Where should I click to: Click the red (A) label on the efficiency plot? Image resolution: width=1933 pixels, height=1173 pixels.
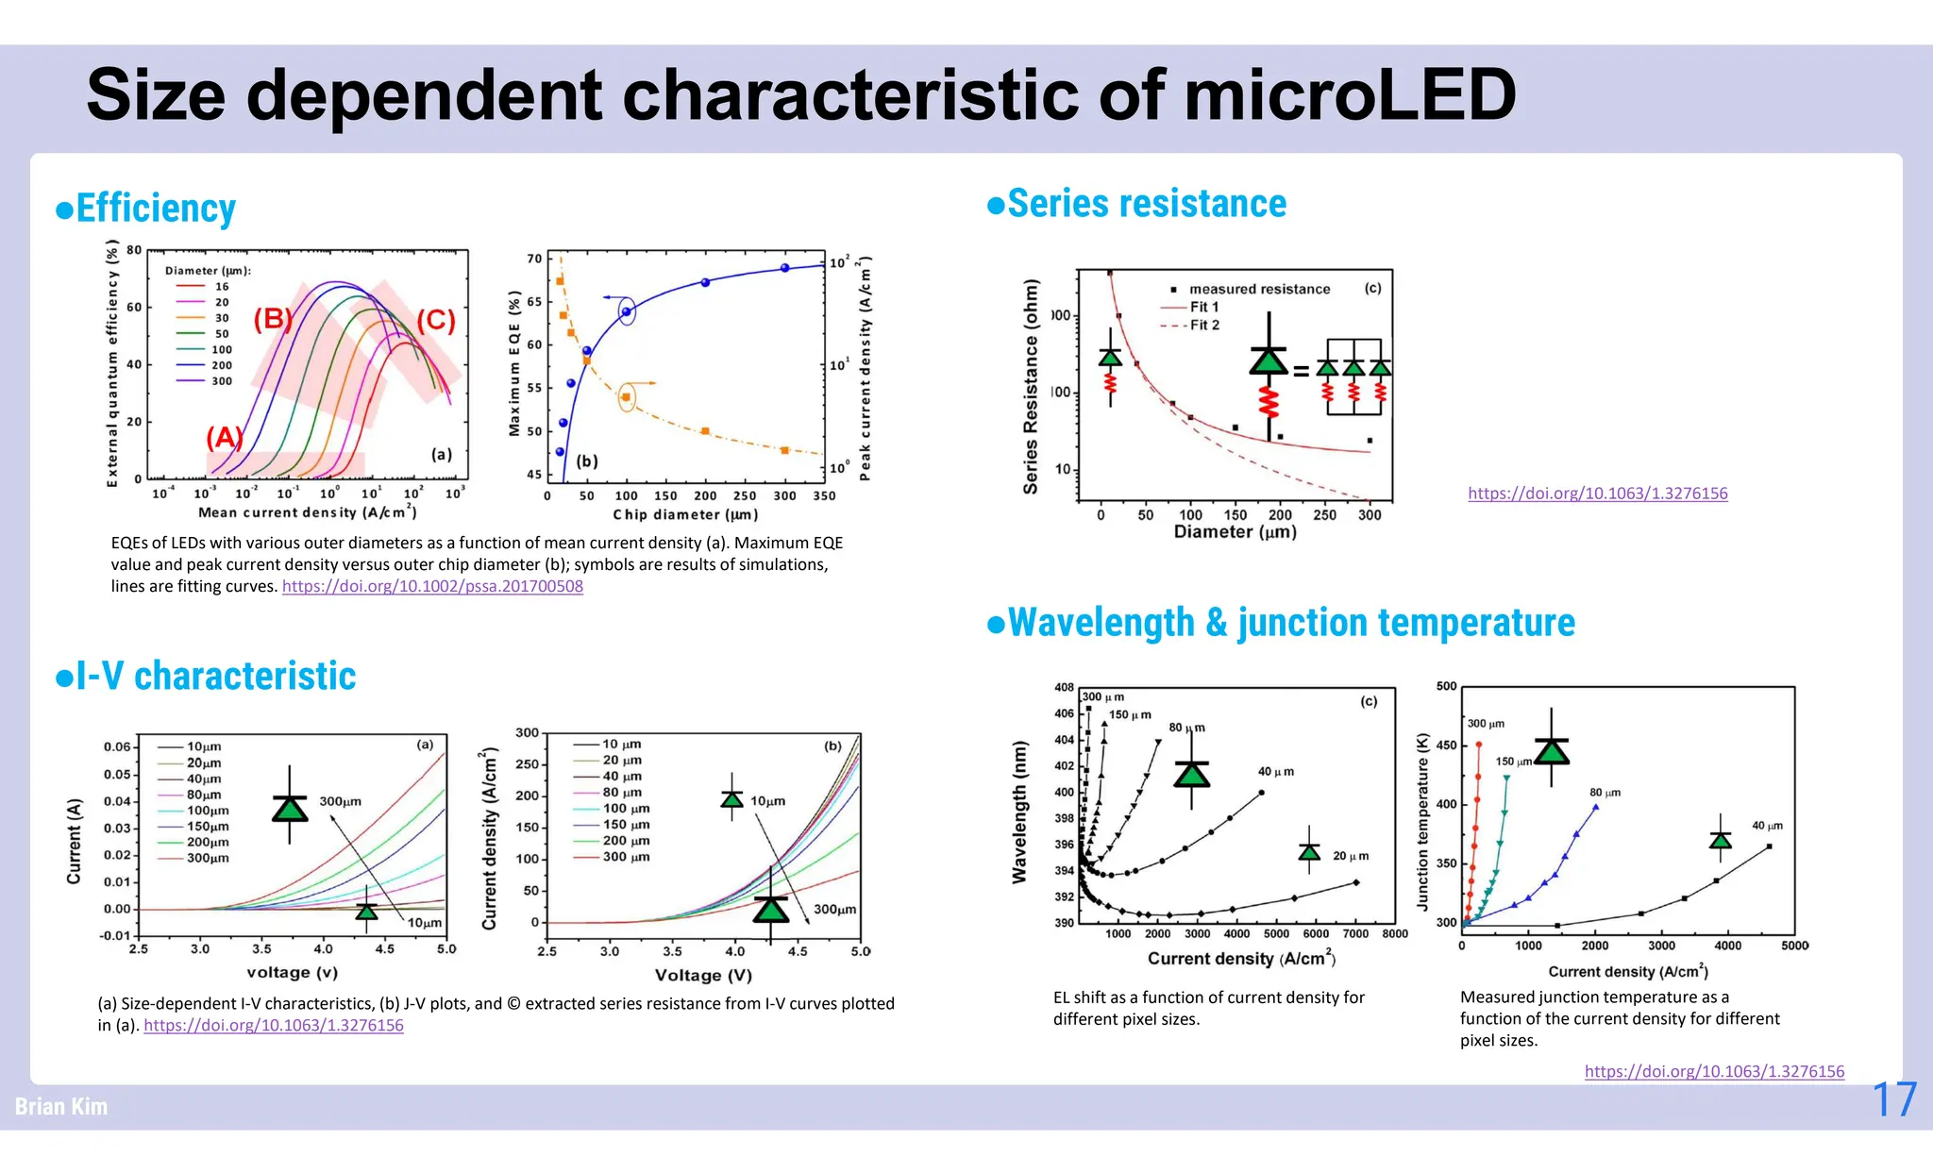(x=225, y=438)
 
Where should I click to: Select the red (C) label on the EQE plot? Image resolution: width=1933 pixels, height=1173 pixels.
(x=436, y=321)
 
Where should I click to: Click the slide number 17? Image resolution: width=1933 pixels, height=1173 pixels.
(x=1893, y=1100)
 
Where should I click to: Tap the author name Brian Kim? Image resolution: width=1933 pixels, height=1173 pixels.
(x=61, y=1106)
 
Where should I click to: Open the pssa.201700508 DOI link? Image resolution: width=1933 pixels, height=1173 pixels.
(x=432, y=586)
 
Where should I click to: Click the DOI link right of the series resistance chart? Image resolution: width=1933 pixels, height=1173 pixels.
(x=1597, y=493)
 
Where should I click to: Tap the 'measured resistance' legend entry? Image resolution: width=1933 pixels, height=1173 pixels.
(x=1258, y=289)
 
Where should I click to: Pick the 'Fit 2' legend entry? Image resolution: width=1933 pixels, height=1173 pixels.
(x=1203, y=325)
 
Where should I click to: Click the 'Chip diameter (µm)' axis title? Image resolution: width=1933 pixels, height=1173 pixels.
(x=685, y=514)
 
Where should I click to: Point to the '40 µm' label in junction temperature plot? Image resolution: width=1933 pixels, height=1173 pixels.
(x=1767, y=826)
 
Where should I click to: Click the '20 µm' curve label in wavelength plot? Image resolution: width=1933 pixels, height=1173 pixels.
(x=1350, y=856)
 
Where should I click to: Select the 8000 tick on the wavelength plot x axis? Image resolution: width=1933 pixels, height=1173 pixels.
(x=1394, y=934)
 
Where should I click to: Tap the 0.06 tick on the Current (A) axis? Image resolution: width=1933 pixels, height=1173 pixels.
(x=117, y=746)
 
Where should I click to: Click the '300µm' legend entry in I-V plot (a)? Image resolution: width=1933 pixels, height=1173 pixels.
(x=207, y=858)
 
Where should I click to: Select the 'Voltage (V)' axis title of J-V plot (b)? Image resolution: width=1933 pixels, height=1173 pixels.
(x=703, y=975)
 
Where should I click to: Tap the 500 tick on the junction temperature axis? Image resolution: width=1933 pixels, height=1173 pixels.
(x=1446, y=687)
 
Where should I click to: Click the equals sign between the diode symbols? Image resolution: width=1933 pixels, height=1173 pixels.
(x=1301, y=371)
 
